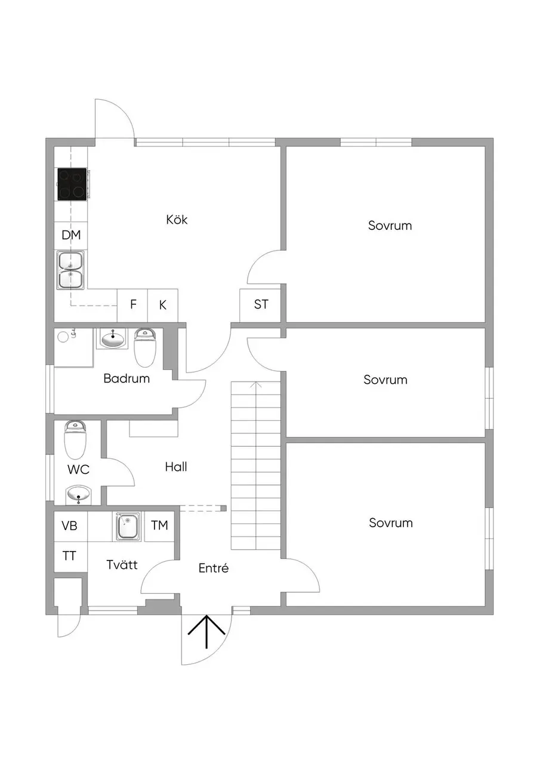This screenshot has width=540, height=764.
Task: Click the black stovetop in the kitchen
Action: coord(72,184)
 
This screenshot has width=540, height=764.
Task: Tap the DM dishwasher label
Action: coord(71,235)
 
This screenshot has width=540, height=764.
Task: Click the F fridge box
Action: coord(132,305)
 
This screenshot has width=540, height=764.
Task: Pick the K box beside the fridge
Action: coord(163,305)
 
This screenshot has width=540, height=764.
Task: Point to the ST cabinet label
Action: coord(261,304)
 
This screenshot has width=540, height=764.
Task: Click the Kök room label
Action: coord(177,219)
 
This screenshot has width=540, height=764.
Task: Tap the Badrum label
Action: coord(126,378)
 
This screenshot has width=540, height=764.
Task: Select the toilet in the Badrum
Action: coord(145,347)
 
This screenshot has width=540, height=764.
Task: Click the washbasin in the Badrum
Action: coord(112,338)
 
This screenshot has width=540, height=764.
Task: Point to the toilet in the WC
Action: coord(75,440)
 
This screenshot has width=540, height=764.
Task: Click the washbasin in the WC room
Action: coord(79,495)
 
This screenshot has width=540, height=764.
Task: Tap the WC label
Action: coord(78,470)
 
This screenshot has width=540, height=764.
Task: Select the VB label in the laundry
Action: coord(69,526)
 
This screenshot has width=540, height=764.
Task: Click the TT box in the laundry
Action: coord(69,556)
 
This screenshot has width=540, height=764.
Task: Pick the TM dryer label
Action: coord(159,525)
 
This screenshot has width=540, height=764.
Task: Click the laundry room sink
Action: coord(128,526)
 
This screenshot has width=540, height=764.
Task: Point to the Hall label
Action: coord(176,467)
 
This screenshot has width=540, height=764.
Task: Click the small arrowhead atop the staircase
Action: coord(256,385)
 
